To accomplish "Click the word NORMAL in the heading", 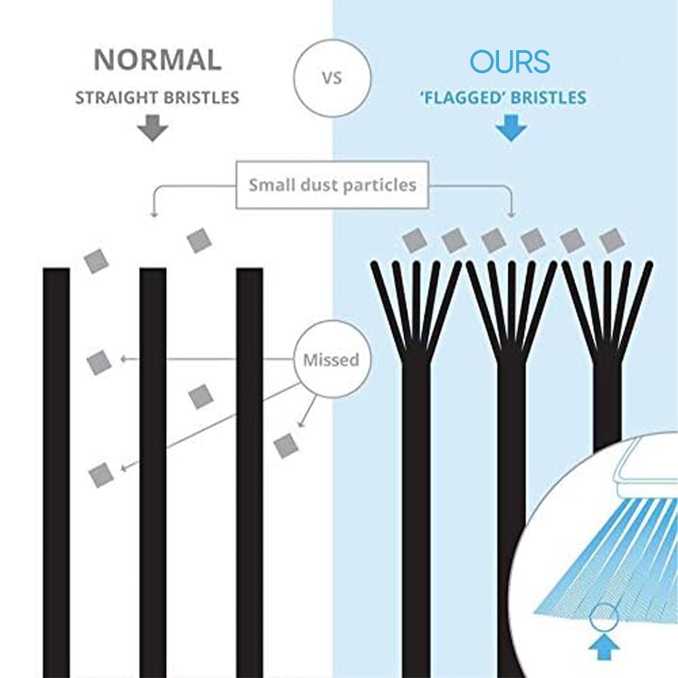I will click(x=157, y=60).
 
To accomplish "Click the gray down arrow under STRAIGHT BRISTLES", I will click(x=153, y=127).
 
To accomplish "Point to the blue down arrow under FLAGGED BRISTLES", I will click(x=511, y=127).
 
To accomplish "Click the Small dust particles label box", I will click(x=332, y=184).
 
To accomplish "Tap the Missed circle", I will click(x=331, y=359).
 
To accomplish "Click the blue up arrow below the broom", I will click(x=603, y=647).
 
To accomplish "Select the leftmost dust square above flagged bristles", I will click(x=414, y=239).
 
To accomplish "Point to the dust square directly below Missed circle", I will click(x=285, y=444).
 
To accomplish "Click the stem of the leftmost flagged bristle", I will click(x=416, y=509).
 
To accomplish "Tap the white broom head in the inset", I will click(x=644, y=468).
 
